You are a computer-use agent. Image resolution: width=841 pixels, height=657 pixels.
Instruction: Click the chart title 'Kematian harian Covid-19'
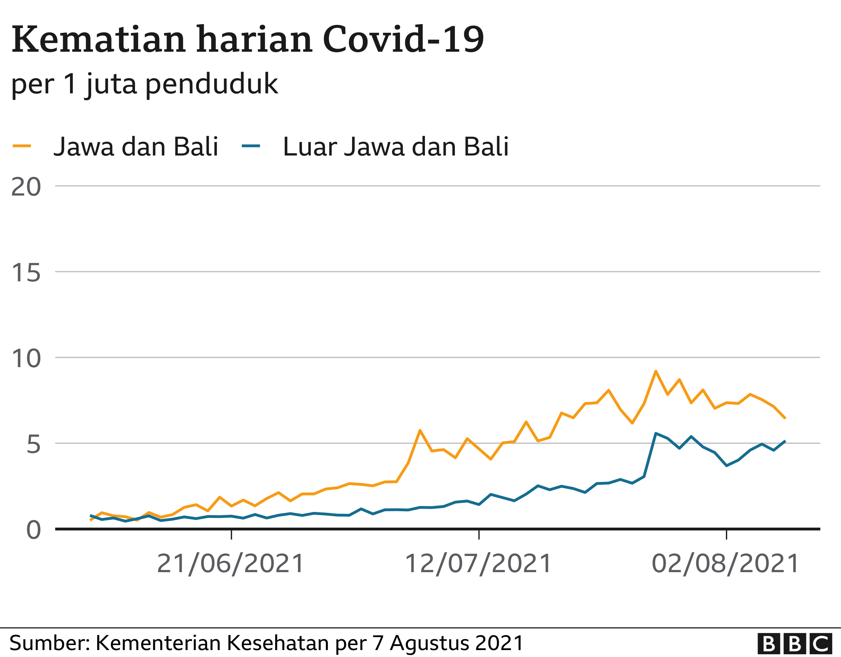click(x=248, y=40)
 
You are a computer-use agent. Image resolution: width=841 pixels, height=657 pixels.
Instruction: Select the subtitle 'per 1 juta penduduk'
click(x=144, y=84)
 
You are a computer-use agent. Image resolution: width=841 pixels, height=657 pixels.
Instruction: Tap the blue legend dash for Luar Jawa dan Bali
click(x=251, y=146)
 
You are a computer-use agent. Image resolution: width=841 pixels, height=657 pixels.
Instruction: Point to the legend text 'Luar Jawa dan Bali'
click(x=396, y=147)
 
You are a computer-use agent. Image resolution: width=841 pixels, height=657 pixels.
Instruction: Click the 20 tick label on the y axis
click(x=26, y=187)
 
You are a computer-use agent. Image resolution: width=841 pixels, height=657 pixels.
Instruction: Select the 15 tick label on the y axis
click(x=26, y=273)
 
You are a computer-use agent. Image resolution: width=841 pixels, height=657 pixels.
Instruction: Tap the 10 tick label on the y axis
click(x=26, y=359)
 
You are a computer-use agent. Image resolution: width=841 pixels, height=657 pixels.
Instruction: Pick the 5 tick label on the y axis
click(x=33, y=444)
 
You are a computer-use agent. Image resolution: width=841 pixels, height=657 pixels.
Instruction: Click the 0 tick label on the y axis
click(x=33, y=530)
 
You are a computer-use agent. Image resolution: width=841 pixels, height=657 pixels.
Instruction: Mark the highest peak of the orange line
click(x=656, y=371)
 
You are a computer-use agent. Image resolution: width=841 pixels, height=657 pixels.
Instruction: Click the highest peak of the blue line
click(x=656, y=433)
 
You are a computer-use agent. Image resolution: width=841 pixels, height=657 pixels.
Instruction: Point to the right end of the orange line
click(x=785, y=418)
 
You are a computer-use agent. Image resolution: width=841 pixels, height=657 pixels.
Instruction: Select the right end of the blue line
click(x=785, y=441)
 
